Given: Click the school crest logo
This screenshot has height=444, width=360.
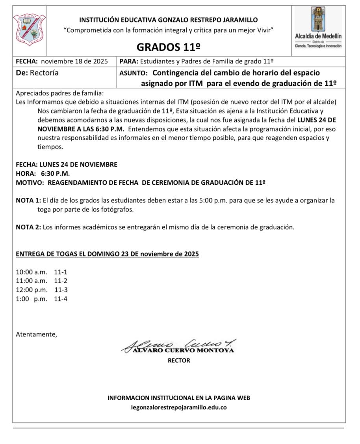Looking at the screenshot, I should pyautogui.click(x=30, y=30).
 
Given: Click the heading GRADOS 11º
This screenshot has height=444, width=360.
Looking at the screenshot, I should pyautogui.click(x=168, y=47).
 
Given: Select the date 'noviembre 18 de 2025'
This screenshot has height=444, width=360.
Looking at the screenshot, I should pyautogui.click(x=74, y=61).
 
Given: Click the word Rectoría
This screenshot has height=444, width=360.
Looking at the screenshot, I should pyautogui.click(x=44, y=73).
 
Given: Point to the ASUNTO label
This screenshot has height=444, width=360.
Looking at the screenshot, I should pyautogui.click(x=133, y=73).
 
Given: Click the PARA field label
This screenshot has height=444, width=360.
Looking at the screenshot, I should pyautogui.click(x=128, y=61).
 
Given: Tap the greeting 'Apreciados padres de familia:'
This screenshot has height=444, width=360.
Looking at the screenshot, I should pyautogui.click(x=59, y=93).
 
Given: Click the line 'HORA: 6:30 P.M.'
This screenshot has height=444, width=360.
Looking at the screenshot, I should pyautogui.click(x=43, y=173).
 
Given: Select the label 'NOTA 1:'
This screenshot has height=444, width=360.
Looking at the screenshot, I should pyautogui.click(x=28, y=200).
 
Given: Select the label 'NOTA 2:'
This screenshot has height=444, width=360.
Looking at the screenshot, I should pyautogui.click(x=28, y=227).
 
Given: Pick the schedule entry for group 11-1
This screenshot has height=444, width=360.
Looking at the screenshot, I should pyautogui.click(x=41, y=272).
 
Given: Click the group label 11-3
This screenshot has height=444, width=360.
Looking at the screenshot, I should pyautogui.click(x=61, y=290).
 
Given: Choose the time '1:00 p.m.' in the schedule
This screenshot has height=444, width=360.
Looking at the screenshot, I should pyautogui.click(x=31, y=299).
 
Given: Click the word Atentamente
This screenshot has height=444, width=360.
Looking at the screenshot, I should pyautogui.click(x=36, y=334).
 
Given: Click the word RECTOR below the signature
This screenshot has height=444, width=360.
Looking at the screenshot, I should pyautogui.click(x=179, y=360).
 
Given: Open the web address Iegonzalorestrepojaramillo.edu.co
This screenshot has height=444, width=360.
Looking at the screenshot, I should pyautogui.click(x=178, y=408).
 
